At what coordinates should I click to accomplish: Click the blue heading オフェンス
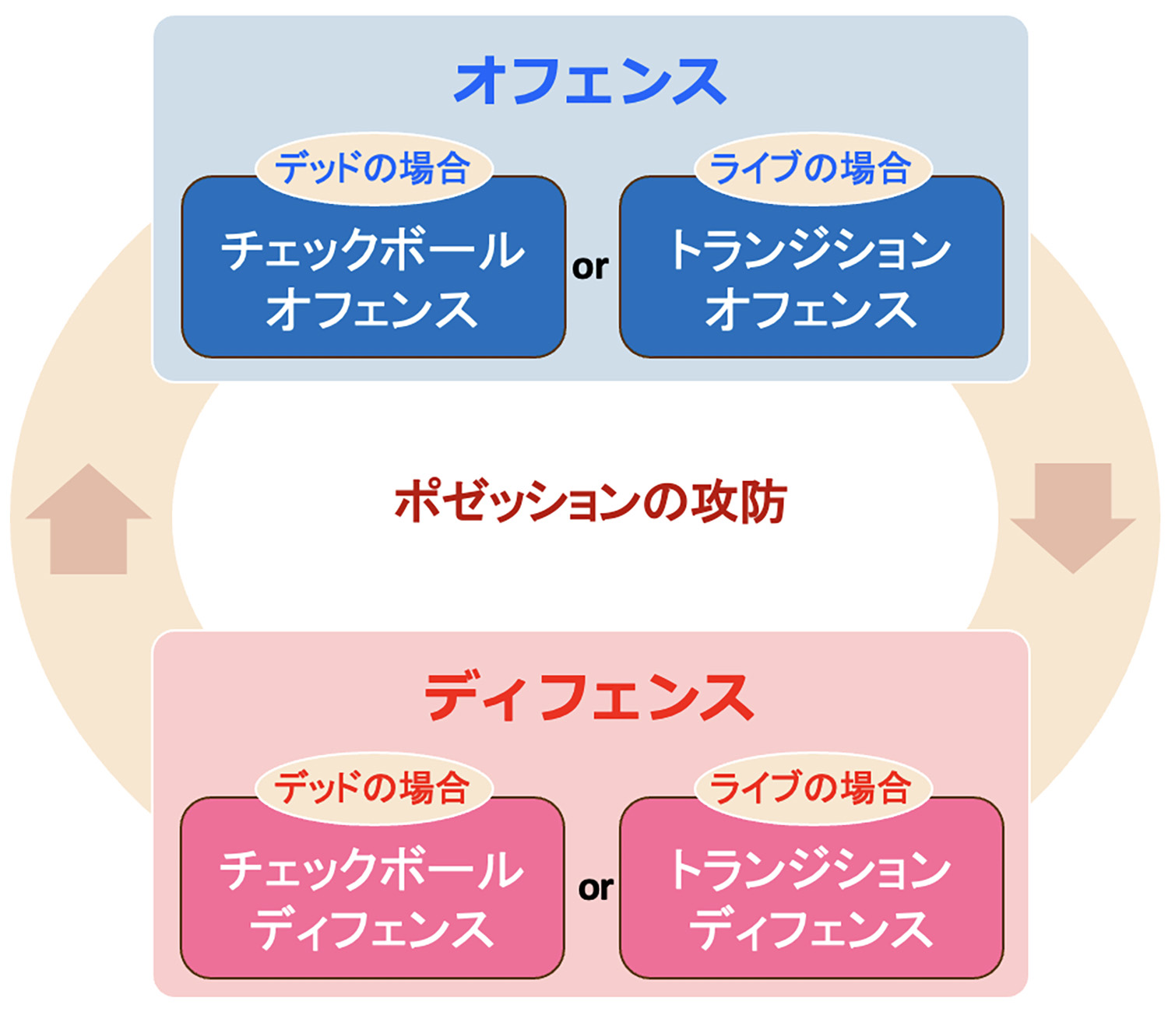[x=590, y=81]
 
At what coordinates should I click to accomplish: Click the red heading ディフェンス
[x=590, y=697]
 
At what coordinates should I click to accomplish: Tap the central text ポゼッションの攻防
[x=590, y=502]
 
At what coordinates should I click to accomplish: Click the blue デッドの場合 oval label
[x=374, y=168]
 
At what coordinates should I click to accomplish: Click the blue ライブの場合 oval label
[x=813, y=168]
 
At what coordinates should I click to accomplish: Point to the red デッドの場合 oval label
[x=374, y=789]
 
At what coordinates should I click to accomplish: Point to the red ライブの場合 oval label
[x=813, y=789]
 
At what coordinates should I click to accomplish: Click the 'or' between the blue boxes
[x=590, y=267]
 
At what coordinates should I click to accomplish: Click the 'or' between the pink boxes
[x=596, y=888]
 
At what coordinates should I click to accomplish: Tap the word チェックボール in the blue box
[x=372, y=251]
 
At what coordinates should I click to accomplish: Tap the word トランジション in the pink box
[x=811, y=871]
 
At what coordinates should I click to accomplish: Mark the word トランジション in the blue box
[x=811, y=251]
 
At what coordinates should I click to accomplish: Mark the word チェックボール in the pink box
[x=371, y=871]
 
